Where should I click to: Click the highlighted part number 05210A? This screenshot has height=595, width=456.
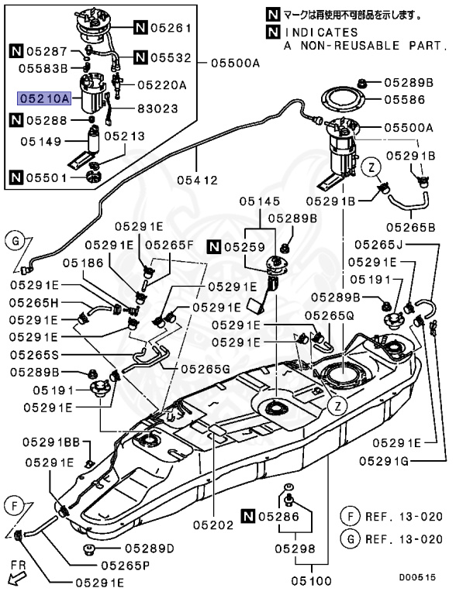[x=44, y=98]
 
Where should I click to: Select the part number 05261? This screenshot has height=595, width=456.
[x=170, y=29]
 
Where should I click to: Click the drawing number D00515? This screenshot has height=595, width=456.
[x=418, y=577]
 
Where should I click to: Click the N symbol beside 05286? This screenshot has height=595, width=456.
[x=248, y=515]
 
